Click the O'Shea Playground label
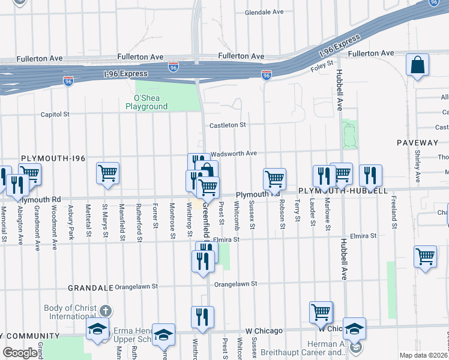click(x=146, y=102)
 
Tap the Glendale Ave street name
click(x=264, y=12)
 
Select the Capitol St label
click(x=55, y=114)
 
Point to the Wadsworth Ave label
click(x=234, y=154)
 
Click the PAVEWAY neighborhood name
click(x=417, y=143)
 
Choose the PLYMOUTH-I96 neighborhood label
click(x=53, y=158)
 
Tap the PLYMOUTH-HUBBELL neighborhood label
click(x=343, y=190)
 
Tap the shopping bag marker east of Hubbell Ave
click(x=417, y=65)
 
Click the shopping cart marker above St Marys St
click(x=107, y=173)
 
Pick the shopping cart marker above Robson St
click(x=274, y=178)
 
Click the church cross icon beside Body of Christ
click(x=105, y=311)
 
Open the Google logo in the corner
click(x=19, y=353)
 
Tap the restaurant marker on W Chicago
click(x=202, y=317)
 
